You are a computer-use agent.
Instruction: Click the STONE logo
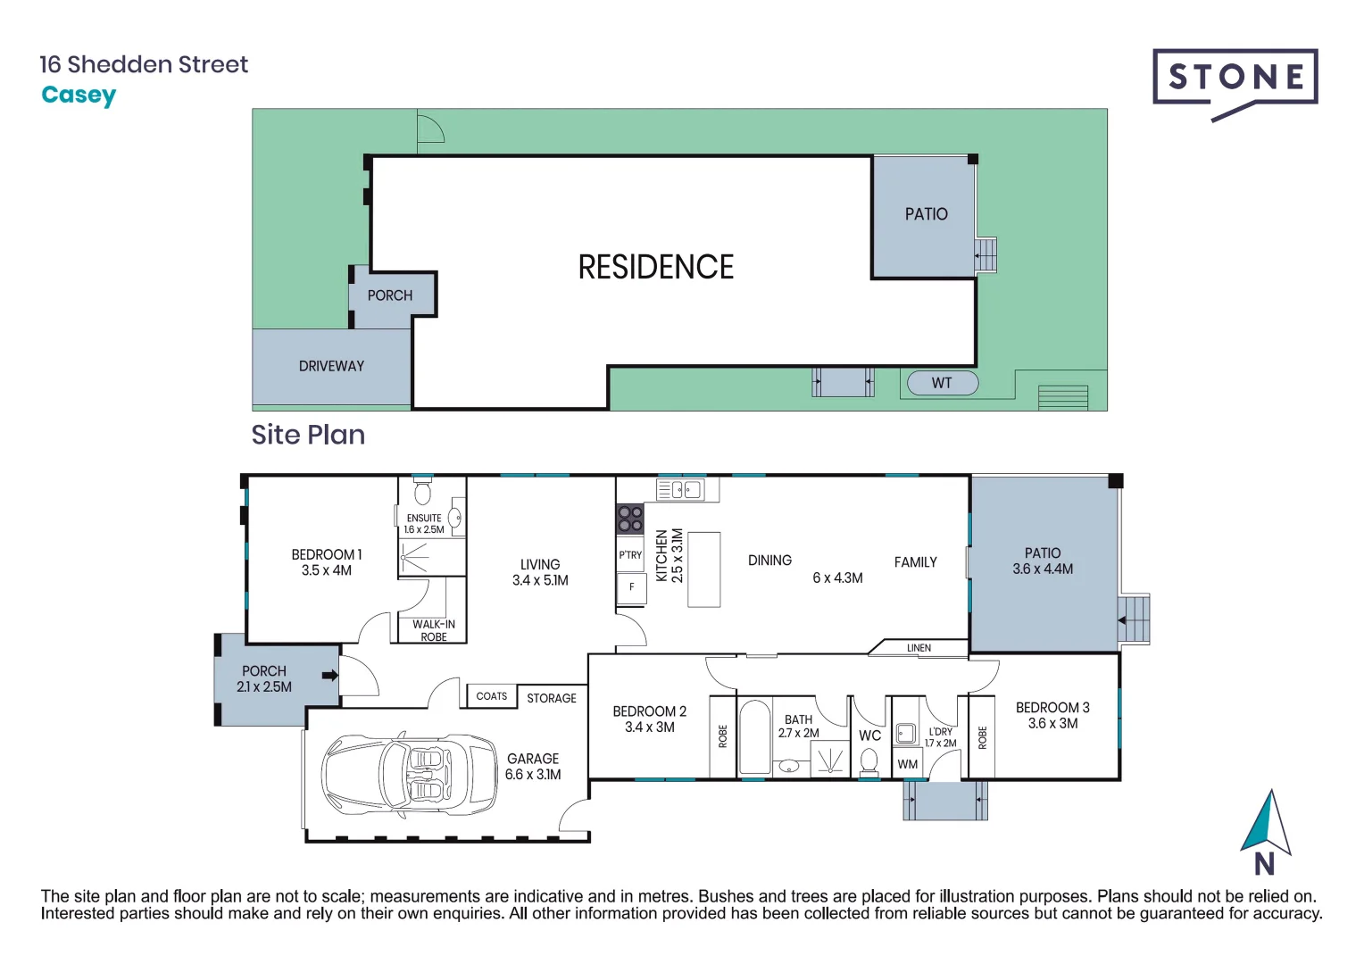pyautogui.click(x=1235, y=79)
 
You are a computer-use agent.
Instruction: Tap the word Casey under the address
pyautogui.click(x=79, y=96)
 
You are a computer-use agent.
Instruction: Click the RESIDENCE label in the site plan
pyautogui.click(x=655, y=267)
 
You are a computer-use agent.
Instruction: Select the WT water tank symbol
pyautogui.click(x=942, y=383)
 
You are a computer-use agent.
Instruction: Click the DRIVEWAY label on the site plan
pyautogui.click(x=331, y=366)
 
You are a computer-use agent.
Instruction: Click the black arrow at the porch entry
pyautogui.click(x=329, y=676)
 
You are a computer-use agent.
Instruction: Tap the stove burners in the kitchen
pyautogui.click(x=629, y=519)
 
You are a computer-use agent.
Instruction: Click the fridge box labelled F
pyautogui.click(x=631, y=587)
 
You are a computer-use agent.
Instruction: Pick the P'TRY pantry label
pyautogui.click(x=630, y=555)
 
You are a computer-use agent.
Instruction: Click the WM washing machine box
pyautogui.click(x=907, y=764)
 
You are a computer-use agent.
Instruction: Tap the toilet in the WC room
pyautogui.click(x=869, y=761)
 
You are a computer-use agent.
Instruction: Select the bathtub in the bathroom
pyautogui.click(x=754, y=737)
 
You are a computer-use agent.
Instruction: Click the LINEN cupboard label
pyautogui.click(x=919, y=648)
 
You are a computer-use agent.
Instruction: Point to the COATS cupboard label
pyautogui.click(x=491, y=696)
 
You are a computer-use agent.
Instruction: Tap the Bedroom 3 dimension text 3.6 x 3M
pyautogui.click(x=1052, y=724)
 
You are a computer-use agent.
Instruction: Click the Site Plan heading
pyautogui.click(x=308, y=435)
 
